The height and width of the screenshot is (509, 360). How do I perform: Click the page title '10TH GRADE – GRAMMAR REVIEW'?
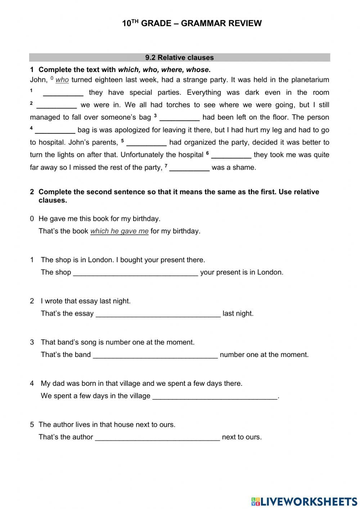(192, 24)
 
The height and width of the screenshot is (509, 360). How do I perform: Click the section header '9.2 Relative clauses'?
(179, 58)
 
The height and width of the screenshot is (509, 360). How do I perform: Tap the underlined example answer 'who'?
(62, 80)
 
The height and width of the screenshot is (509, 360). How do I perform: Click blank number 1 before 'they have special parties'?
(63, 93)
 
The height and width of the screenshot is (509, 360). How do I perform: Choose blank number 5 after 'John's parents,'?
(147, 143)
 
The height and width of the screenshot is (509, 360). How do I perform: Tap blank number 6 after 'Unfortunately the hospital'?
(231, 155)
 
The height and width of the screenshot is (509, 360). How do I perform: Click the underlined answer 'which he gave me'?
(119, 231)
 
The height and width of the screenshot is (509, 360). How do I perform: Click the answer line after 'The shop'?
(135, 273)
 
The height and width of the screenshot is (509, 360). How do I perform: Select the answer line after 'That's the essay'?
(158, 314)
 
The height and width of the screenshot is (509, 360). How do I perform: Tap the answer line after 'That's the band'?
(155, 355)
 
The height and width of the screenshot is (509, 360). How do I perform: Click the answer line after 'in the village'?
(215, 396)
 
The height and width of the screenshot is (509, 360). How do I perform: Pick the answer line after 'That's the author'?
(157, 437)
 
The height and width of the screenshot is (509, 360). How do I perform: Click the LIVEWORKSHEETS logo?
(304, 501)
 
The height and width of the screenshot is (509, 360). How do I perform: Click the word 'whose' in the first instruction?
(197, 70)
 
